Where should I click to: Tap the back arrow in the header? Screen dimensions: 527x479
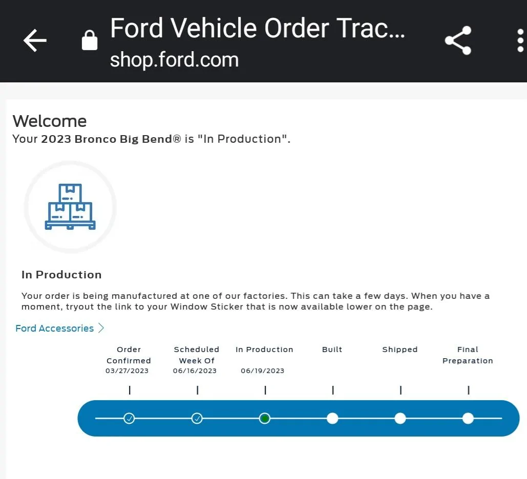click(x=35, y=40)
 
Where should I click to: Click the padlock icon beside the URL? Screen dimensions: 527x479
click(x=90, y=40)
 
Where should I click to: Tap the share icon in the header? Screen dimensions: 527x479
click(x=458, y=40)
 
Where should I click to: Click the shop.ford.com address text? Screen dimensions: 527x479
click(x=174, y=60)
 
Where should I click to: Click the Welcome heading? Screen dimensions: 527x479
click(x=49, y=121)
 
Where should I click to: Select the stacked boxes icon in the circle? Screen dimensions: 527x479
click(x=70, y=207)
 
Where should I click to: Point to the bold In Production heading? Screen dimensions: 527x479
click(x=61, y=275)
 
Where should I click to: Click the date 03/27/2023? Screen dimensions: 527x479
click(x=127, y=371)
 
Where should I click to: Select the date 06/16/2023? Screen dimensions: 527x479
click(x=195, y=371)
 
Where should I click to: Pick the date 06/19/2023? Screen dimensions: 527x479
click(x=263, y=371)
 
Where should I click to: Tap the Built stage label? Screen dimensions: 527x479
click(x=332, y=350)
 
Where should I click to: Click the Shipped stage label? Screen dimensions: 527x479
click(x=400, y=350)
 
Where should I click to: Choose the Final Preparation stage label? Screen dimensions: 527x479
click(x=468, y=355)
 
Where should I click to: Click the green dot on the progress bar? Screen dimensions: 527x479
click(x=265, y=419)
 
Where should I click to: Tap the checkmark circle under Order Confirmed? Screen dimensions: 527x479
click(x=129, y=419)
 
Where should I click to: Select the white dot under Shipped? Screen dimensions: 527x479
click(x=400, y=419)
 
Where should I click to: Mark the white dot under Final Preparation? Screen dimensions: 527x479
click(x=468, y=419)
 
